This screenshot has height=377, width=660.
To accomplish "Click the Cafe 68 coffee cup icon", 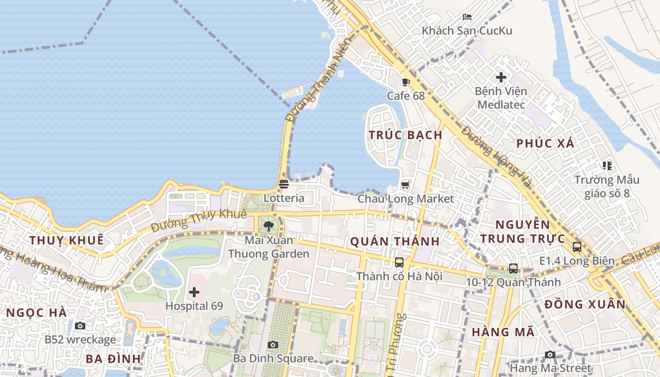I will (x=405, y=82).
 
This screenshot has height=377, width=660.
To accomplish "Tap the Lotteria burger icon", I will (x=283, y=184).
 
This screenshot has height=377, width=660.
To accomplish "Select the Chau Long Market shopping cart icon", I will (x=405, y=185).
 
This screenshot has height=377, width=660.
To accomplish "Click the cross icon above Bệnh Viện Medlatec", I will (x=501, y=77).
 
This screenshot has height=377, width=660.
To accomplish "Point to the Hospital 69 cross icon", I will (x=194, y=292).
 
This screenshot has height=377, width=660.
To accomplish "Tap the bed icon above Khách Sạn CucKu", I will (x=467, y=17).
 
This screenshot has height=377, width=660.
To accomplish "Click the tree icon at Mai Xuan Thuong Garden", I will (x=269, y=226).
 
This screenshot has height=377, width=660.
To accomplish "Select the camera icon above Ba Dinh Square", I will (x=273, y=345).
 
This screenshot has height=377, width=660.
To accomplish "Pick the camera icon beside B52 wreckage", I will (x=80, y=326).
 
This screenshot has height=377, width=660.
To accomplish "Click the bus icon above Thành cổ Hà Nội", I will (x=399, y=262).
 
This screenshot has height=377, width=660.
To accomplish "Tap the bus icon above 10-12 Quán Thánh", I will (x=513, y=269).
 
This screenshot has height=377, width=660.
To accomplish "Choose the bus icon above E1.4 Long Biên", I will (x=577, y=246).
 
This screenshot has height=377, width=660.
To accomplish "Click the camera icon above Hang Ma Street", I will (x=550, y=354).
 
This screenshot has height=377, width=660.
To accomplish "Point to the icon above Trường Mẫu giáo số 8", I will (x=607, y=166).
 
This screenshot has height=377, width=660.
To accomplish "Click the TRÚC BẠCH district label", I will (x=405, y=135).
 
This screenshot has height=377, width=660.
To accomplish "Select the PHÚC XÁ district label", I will (x=545, y=144).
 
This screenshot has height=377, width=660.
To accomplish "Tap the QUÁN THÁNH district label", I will (x=395, y=242).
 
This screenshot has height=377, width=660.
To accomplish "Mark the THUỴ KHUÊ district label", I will (x=66, y=240).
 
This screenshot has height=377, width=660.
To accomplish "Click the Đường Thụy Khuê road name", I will (x=198, y=220).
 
